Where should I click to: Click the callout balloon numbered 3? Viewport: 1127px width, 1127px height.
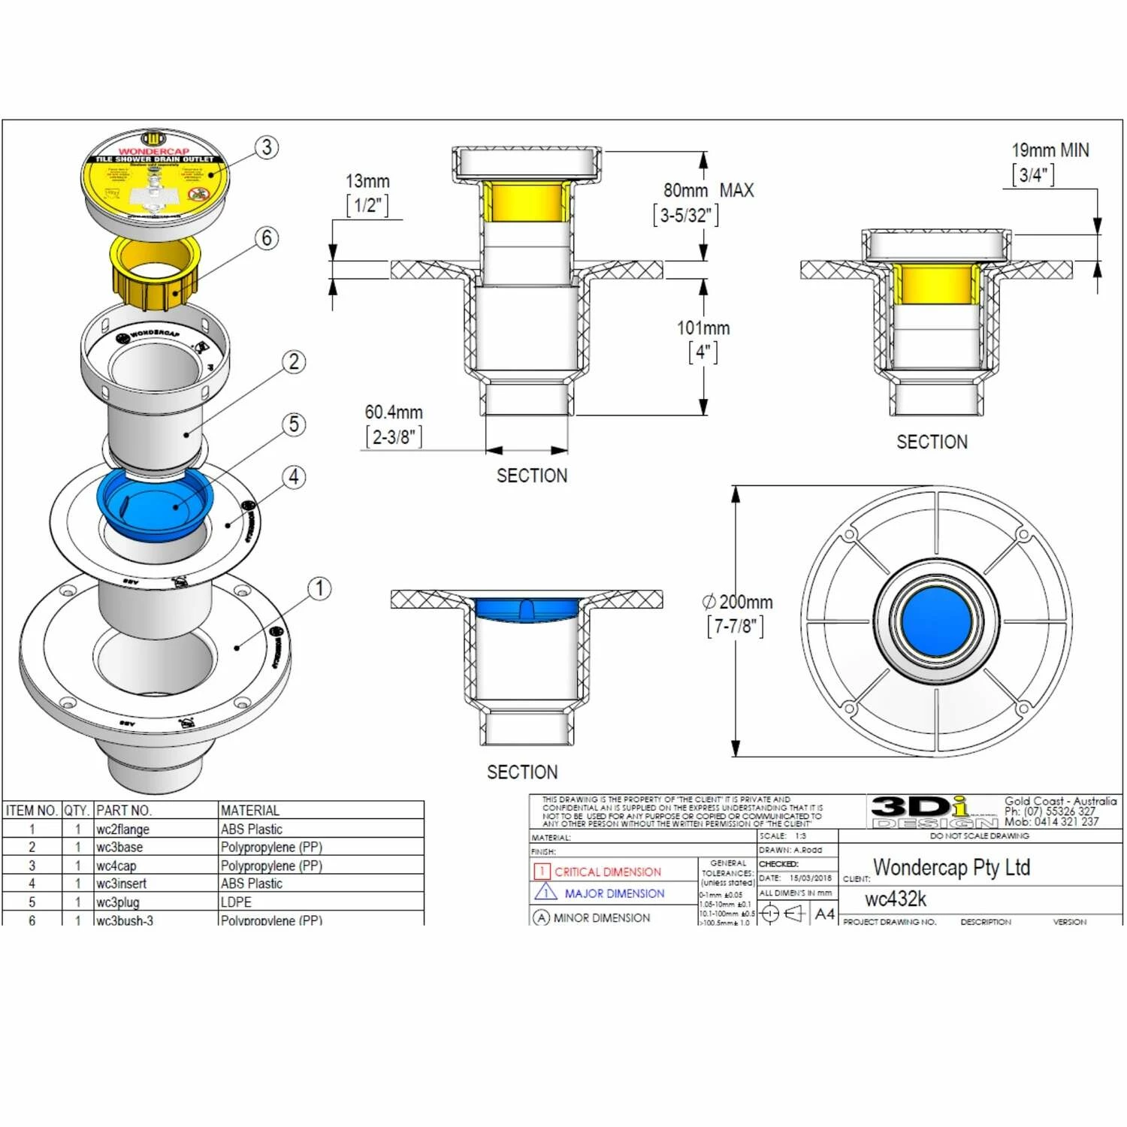point(267,147)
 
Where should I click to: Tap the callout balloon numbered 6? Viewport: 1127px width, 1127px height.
point(267,238)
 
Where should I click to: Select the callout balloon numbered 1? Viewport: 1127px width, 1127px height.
point(319,588)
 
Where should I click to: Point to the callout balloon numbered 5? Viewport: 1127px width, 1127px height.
point(295,425)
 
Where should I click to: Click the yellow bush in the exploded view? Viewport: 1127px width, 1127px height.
point(156,274)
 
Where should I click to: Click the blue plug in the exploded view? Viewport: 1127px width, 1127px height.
point(155,502)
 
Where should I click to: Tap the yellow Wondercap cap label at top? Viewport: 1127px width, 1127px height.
point(155,180)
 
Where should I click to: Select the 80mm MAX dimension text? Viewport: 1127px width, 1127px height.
point(708,191)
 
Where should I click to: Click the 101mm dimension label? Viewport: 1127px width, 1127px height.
point(703,328)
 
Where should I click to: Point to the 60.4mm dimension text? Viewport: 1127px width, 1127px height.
point(394,412)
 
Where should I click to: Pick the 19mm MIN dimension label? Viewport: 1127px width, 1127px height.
point(1050,150)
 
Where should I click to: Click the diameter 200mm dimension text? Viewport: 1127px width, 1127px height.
point(738,603)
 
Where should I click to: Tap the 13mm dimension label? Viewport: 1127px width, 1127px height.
point(367,182)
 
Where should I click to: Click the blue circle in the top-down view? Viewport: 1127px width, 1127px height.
point(935,621)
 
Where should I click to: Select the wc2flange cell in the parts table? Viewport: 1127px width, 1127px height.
point(123,829)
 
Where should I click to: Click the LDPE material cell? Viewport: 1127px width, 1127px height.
point(237,902)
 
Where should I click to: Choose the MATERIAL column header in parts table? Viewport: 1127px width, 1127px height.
point(250,811)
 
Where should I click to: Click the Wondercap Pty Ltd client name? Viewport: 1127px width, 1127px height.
point(951,868)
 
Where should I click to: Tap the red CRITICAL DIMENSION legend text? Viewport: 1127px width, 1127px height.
point(608,872)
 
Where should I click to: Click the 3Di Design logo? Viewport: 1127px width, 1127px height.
point(933,811)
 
